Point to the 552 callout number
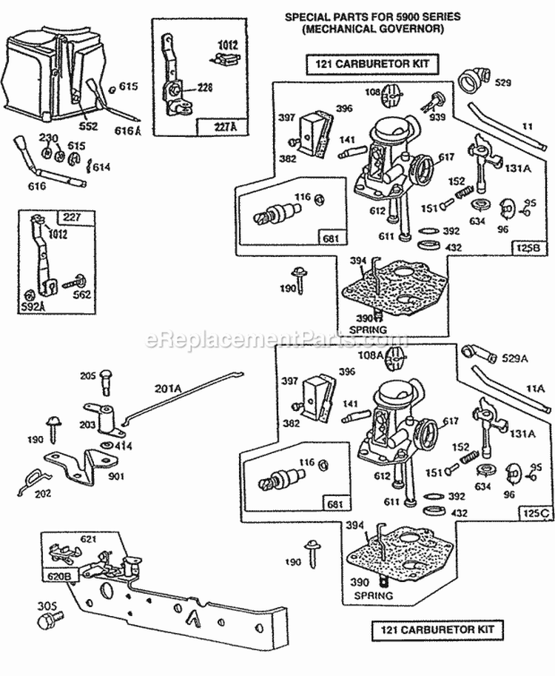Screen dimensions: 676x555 (88, 126)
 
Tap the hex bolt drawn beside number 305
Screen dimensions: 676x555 (55, 615)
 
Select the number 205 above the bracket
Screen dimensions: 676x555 (88, 376)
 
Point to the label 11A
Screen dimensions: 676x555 (535, 386)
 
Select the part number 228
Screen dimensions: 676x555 (204, 87)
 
